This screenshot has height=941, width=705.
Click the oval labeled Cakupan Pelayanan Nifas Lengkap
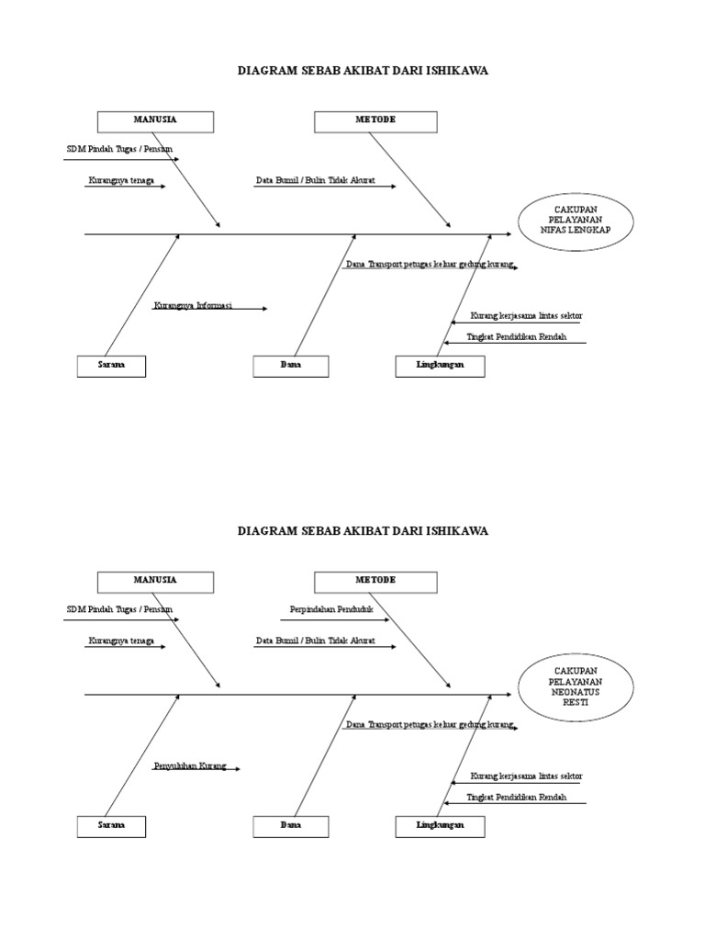[x=576, y=221]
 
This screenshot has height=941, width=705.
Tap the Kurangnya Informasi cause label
[x=194, y=304]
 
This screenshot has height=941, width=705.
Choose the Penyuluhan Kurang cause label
[x=189, y=765]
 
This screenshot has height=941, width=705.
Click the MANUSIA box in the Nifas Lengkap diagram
[x=155, y=121]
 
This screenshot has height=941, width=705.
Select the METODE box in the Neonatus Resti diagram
[x=375, y=581]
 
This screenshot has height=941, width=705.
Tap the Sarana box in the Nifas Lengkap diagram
[x=111, y=366]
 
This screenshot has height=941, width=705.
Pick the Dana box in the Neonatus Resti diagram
[x=291, y=826]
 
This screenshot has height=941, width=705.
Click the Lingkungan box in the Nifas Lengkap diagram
[x=440, y=366]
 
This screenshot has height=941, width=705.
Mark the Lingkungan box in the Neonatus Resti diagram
[x=440, y=826]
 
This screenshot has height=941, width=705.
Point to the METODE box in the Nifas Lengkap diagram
[x=375, y=121]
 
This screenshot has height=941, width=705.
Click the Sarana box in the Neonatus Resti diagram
[x=111, y=826]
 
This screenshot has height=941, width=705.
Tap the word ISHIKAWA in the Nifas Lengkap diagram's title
[x=457, y=71]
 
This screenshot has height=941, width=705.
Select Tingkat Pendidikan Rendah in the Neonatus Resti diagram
[x=516, y=798]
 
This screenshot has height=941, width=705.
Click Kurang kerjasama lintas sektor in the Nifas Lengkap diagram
[x=526, y=316]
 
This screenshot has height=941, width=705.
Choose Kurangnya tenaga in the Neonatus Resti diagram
[x=121, y=641]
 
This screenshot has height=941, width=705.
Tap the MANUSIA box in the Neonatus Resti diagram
[x=155, y=581]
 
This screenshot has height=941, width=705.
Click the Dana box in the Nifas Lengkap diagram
[x=291, y=366]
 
